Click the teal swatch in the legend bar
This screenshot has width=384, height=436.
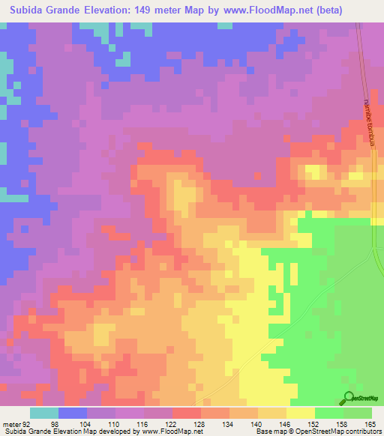tap(44, 413)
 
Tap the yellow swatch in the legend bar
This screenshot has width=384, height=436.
tap(301, 413)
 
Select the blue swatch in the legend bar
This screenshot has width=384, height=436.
tap(73, 413)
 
